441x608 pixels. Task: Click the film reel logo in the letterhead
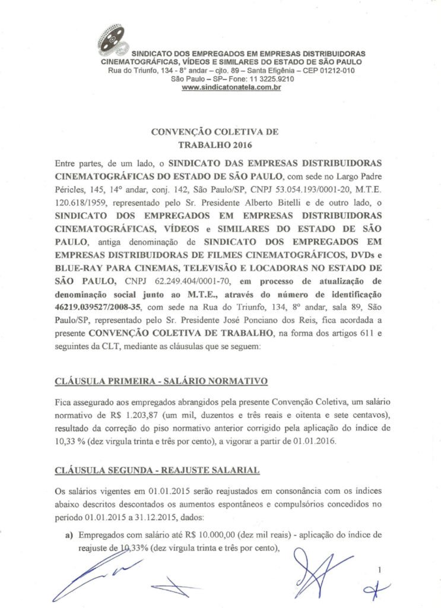111,40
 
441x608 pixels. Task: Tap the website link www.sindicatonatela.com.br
231,87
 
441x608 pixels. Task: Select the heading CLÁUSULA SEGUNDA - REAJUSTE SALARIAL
157,471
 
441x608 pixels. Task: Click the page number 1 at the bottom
379,571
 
